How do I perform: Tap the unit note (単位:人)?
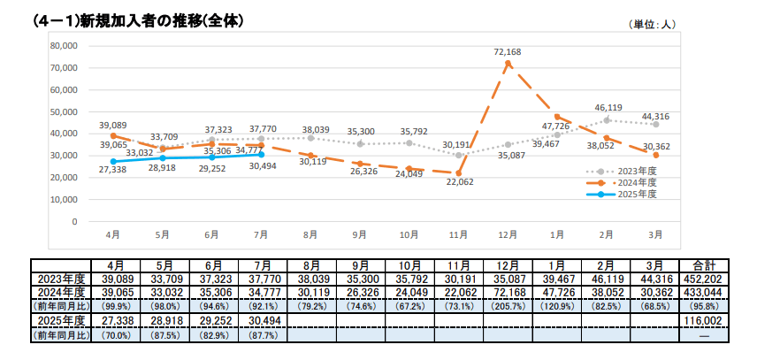click(652, 25)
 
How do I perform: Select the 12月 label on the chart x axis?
click(507, 236)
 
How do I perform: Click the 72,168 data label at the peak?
click(507, 52)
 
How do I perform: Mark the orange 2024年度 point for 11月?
click(458, 172)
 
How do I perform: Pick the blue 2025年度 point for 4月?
click(113, 161)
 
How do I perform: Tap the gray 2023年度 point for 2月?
click(607, 119)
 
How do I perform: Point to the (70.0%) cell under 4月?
click(113, 334)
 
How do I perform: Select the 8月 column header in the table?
click(310, 265)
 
